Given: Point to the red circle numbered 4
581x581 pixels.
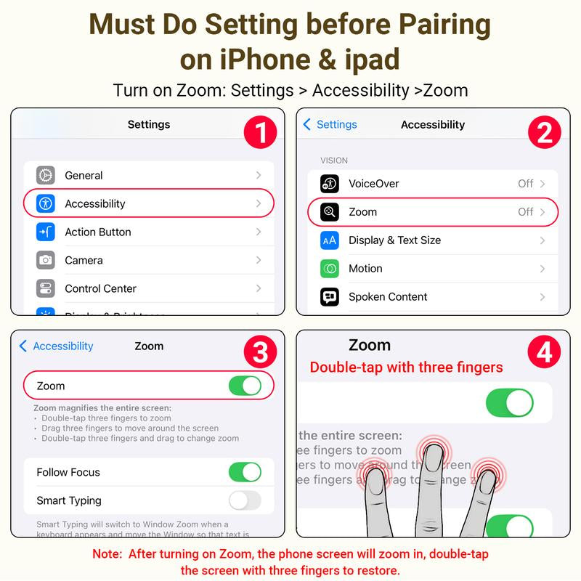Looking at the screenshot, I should pos(545,353).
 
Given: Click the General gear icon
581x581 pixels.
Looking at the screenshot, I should pos(46,175).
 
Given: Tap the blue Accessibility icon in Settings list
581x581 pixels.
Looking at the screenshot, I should pos(46,203).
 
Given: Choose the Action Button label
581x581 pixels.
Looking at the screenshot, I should pos(98,232).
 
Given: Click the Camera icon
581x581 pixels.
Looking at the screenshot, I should pos(46,260).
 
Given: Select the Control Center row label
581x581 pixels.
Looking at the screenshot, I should pos(100,288).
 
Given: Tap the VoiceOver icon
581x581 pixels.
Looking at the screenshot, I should pos(330,184).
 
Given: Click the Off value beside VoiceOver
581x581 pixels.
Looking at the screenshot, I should pos(526,184).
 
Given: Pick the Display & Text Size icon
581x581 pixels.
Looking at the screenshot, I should pos(330,240).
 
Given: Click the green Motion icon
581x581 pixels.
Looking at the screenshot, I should pos(330,269).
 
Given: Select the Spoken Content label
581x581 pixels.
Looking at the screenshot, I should pos(388,296).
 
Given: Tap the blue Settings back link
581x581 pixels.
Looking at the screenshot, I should pos(330,124).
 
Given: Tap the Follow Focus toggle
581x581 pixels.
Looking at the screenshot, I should pos(245,472).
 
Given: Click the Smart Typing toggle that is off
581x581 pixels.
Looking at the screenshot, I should pos(245,500).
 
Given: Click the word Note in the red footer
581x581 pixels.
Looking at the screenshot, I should pos(107,554).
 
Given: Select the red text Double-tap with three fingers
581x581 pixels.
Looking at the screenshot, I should pos(406,367).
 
